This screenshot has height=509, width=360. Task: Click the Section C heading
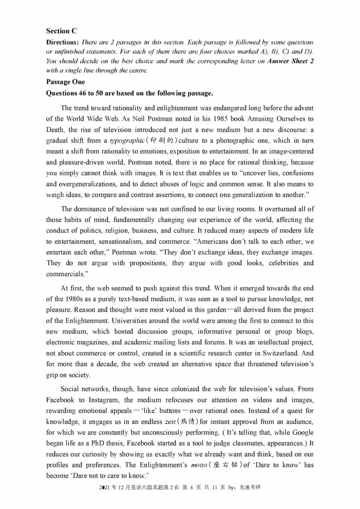[x=62, y=31]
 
